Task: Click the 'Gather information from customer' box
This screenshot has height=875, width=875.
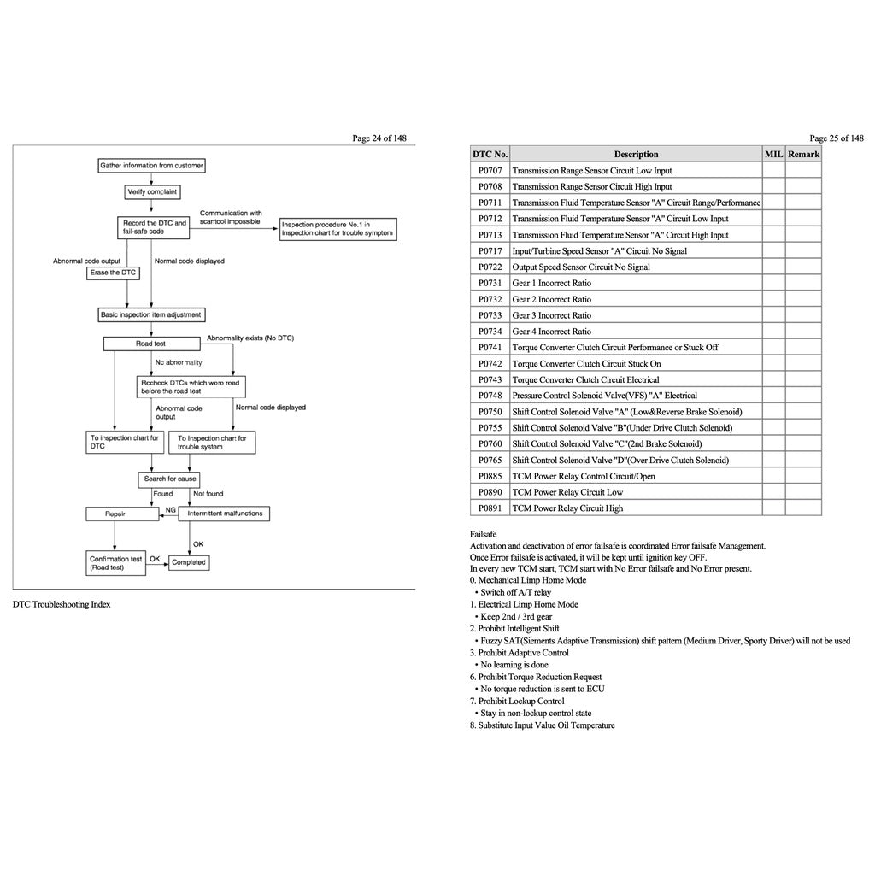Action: coord(151,166)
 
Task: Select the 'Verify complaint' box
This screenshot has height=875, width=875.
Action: coord(151,192)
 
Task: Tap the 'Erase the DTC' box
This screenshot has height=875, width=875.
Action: coord(112,273)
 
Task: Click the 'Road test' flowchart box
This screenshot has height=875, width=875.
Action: coord(151,344)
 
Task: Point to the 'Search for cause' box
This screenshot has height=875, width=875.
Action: coord(170,479)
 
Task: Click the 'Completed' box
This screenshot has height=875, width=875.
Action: coord(188,562)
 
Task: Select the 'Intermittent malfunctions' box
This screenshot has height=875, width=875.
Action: coord(224,514)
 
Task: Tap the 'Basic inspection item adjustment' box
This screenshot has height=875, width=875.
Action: coord(151,314)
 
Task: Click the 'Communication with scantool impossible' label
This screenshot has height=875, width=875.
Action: coord(231,217)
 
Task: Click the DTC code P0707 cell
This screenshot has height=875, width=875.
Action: coord(490,171)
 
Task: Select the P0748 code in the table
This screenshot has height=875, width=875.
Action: coord(490,396)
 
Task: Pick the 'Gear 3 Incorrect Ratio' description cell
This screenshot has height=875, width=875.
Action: coord(551,315)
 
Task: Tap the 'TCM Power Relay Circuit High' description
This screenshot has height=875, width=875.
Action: coord(567,508)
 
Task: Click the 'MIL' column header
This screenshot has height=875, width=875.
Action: coord(773,155)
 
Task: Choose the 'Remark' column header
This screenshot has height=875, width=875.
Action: coord(803,155)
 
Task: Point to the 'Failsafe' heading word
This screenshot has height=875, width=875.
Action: coord(484,534)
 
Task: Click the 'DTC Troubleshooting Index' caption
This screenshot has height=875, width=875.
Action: coord(62,604)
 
